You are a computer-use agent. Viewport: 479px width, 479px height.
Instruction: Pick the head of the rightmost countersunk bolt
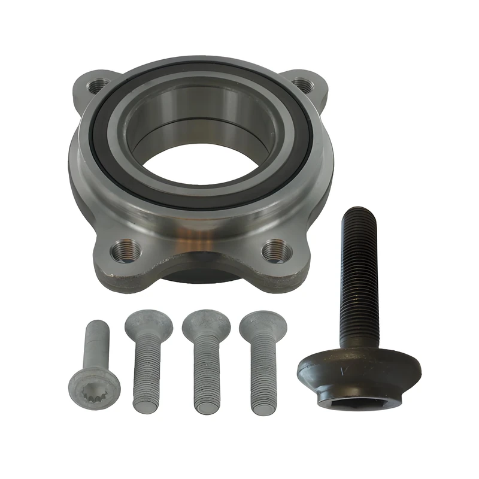tap(262, 323)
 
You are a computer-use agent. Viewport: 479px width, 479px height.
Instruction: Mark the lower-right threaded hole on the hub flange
tap(277, 250)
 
